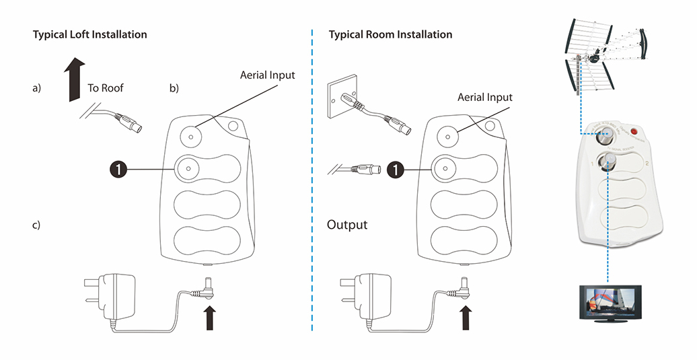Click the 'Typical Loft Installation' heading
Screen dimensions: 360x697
pos(89,34)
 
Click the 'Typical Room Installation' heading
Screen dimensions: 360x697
pos(390,34)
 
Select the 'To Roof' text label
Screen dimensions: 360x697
pos(106,87)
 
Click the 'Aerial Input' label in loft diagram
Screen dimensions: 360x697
pos(267,75)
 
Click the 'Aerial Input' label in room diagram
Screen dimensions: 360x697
pos(484,98)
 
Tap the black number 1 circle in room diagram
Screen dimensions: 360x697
pos(398,170)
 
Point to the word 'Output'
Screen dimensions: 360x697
pos(347,225)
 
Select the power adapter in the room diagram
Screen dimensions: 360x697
pos(371,297)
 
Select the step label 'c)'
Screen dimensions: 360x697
pos(36,225)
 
